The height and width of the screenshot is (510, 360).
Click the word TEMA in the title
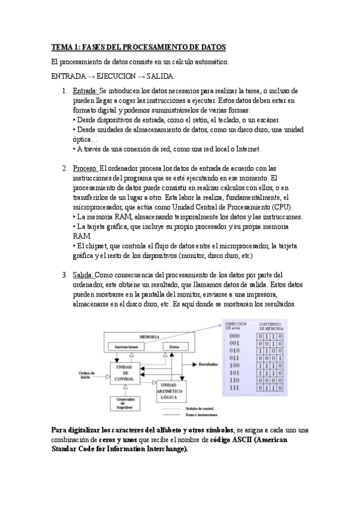click(61, 47)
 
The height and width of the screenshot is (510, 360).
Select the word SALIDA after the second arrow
click(159, 76)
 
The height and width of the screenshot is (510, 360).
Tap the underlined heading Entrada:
click(85, 91)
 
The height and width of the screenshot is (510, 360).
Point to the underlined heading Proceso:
click(85, 168)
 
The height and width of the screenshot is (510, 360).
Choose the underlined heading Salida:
click(83, 275)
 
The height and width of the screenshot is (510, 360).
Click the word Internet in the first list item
click(246, 149)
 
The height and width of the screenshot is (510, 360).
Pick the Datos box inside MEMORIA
click(174, 347)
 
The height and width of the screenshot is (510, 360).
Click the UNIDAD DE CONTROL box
click(126, 373)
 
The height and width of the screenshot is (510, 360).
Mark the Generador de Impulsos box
click(125, 404)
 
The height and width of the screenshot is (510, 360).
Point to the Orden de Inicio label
click(90, 375)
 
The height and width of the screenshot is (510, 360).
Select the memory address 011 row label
click(234, 358)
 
